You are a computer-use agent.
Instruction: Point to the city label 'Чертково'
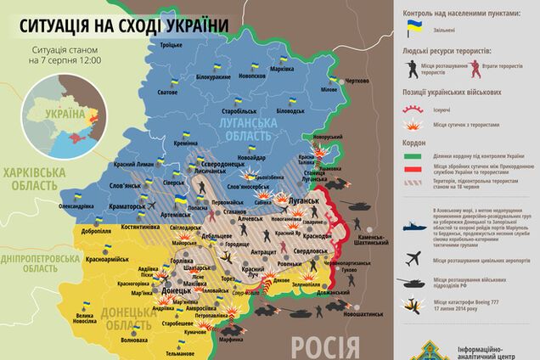(357, 81)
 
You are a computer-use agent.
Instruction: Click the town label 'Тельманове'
(181, 352)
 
